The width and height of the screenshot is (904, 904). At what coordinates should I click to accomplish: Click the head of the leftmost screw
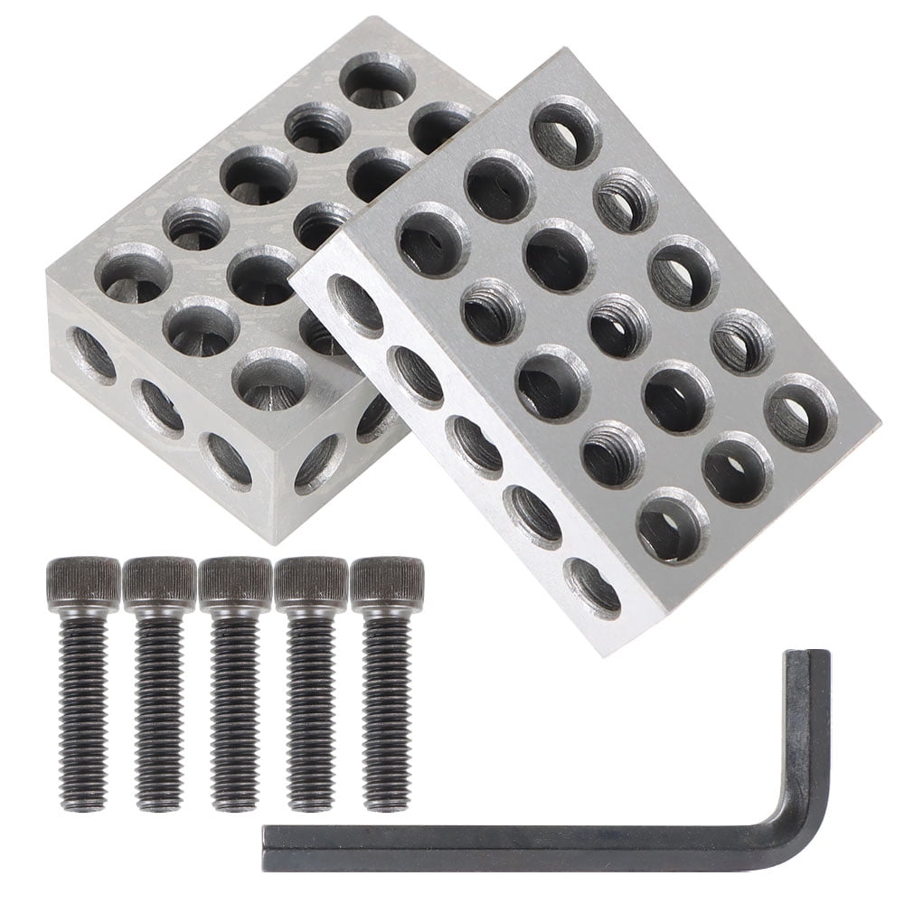(x=83, y=579)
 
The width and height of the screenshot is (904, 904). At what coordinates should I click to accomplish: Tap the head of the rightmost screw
(x=387, y=579)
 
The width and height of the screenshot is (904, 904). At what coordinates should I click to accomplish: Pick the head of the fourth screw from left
(x=311, y=579)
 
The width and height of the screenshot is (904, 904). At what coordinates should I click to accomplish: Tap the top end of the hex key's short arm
(x=806, y=654)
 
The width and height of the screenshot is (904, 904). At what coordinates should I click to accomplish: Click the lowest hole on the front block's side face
(x=593, y=589)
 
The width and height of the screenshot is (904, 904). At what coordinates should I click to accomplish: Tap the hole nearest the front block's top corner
(x=566, y=132)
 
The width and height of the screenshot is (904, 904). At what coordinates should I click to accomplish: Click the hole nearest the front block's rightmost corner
(x=801, y=411)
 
